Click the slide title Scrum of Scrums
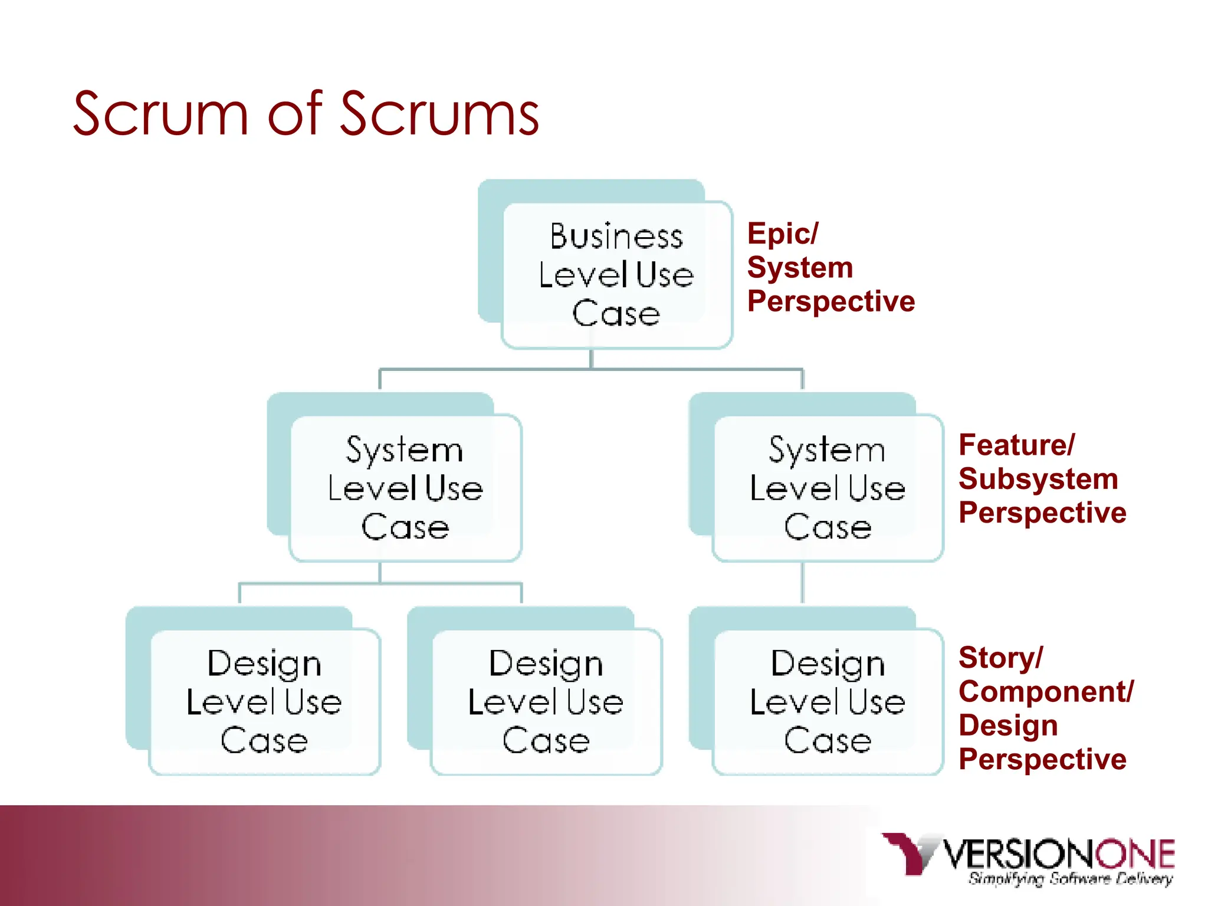click(x=306, y=113)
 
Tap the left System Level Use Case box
click(x=405, y=488)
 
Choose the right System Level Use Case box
click(x=828, y=488)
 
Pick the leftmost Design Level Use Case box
click(x=264, y=702)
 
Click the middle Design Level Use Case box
click(x=546, y=702)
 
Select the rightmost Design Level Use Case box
click(x=828, y=702)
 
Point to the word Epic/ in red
click(x=782, y=234)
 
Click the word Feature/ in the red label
click(x=1016, y=445)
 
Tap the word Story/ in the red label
click(x=1000, y=658)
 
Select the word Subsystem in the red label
click(x=1038, y=478)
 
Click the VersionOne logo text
click(x=1059, y=854)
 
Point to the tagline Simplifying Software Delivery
click(x=1070, y=879)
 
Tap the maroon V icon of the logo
click(x=908, y=852)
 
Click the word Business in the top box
click(x=616, y=237)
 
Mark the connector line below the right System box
click(x=802, y=583)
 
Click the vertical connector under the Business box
click(x=591, y=359)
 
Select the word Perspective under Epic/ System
click(x=830, y=301)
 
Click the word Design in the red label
click(x=1007, y=725)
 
